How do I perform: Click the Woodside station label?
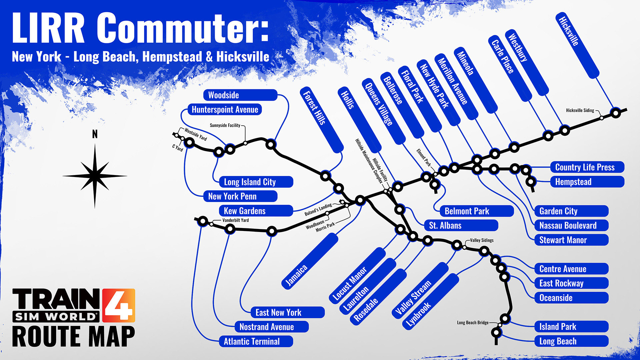pyautogui.click(x=240, y=95)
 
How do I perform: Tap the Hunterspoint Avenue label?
pyautogui.click(x=225, y=110)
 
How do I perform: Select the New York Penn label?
pyautogui.click(x=240, y=196)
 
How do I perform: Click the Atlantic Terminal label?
pyautogui.click(x=256, y=341)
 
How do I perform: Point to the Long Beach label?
pyautogui.click(x=571, y=341)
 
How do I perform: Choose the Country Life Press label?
pyautogui.click(x=587, y=167)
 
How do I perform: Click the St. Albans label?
pyautogui.click(x=461, y=225)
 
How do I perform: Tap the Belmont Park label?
pyautogui.click(x=476, y=211)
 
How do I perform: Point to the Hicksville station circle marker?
pyautogui.click(x=616, y=113)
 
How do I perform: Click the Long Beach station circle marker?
pyautogui.click(x=496, y=333)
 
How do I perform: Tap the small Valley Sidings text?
pyautogui.click(x=482, y=240)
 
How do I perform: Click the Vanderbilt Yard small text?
pyautogui.click(x=235, y=220)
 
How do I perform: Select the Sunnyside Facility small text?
pyautogui.click(x=225, y=125)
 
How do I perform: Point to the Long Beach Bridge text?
pyautogui.click(x=472, y=322)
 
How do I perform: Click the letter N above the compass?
pyautogui.click(x=95, y=134)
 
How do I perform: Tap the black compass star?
pyautogui.click(x=95, y=176)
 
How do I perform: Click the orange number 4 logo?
pyautogui.click(x=119, y=305)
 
